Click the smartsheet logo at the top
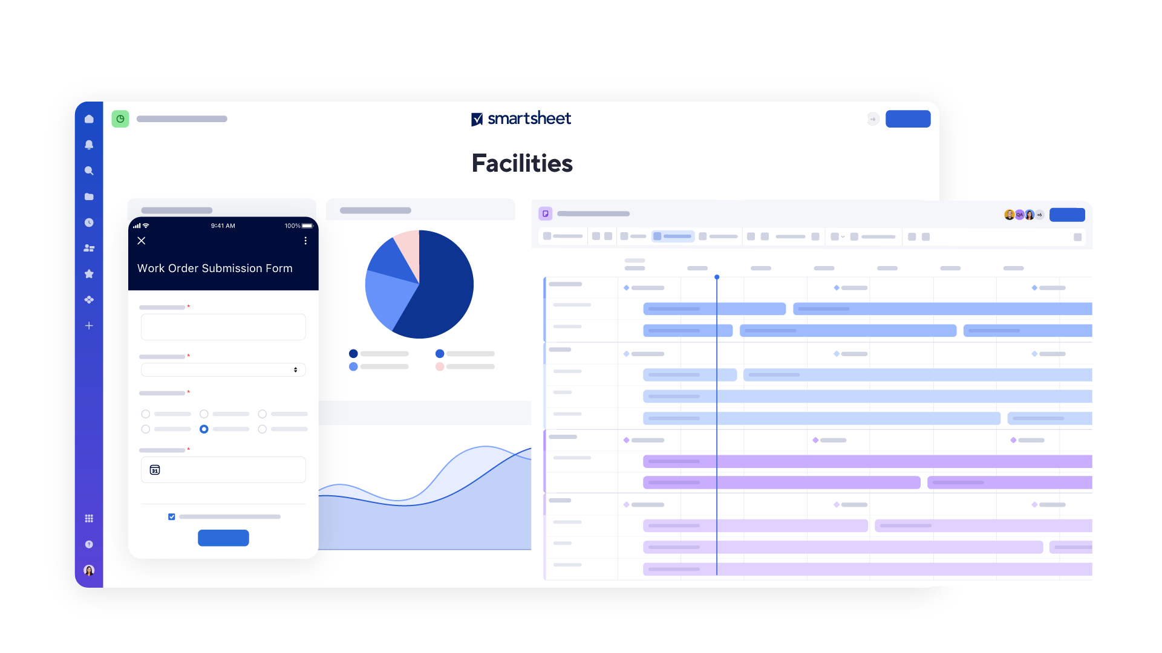521,119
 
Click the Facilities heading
521,163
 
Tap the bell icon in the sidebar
89,145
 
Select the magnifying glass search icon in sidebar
89,171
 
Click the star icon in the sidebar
89,274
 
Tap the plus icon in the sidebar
89,326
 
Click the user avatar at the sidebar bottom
89,570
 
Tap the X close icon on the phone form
142,241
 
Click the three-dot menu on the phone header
305,241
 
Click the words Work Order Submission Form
215,268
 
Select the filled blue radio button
204,429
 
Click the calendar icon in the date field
155,470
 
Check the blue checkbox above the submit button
172,517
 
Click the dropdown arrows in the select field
295,369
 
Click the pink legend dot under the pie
440,366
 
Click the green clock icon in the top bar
120,119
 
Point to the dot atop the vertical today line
717,277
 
